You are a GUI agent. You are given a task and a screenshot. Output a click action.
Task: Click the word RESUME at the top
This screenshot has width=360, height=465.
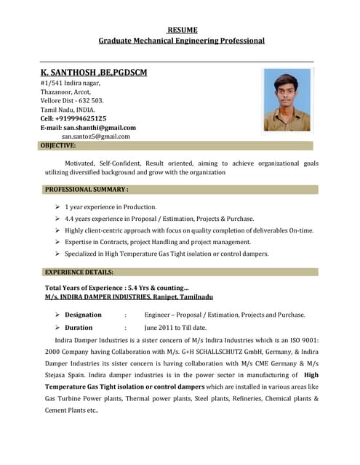coord(182,30)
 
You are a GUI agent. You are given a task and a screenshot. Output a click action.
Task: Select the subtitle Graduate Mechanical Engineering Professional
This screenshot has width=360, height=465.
coord(182,41)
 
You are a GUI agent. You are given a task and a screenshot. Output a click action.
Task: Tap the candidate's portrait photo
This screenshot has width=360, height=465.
coord(287,100)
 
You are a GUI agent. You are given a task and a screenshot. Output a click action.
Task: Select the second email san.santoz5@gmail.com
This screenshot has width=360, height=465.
coord(96,136)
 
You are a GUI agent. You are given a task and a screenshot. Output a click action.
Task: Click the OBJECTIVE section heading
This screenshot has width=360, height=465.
coord(58,145)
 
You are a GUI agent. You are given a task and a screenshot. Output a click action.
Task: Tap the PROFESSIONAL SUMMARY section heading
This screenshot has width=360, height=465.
coord(87,190)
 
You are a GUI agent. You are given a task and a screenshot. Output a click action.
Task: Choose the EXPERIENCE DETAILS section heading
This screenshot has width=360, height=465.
coord(79,272)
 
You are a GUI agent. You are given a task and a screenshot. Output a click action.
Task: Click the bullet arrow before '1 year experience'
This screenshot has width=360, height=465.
coord(57,207)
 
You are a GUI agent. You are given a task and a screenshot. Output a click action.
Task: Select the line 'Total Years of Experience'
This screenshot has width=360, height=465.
coord(116,288)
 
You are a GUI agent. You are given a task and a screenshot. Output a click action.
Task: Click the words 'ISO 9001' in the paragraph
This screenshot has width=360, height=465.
coord(303,341)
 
